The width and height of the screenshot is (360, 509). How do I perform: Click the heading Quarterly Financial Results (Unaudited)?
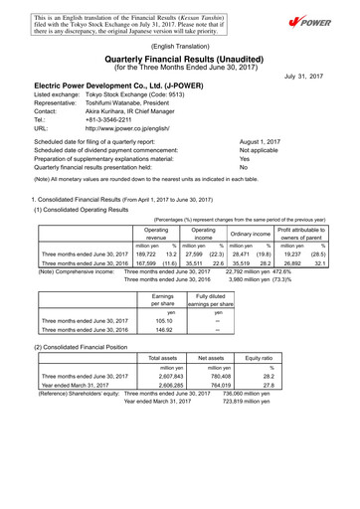pos(179,58)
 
